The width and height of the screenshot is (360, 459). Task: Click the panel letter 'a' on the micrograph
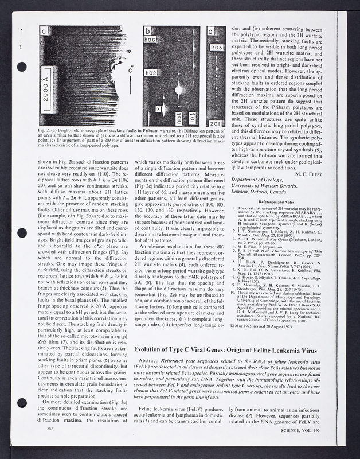tap(45, 32)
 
